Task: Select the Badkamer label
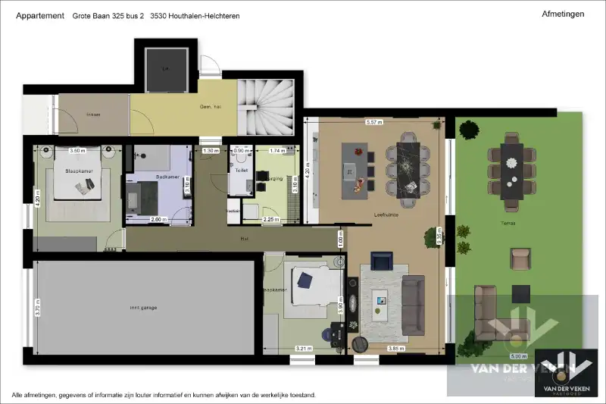(167, 177)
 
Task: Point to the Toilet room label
(242, 171)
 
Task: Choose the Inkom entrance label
(93, 114)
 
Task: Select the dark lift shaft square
(164, 68)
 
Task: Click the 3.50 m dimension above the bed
(68, 151)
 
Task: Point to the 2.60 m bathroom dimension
(159, 220)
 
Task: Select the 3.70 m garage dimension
(38, 307)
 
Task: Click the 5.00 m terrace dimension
(518, 356)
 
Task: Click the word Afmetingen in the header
(563, 14)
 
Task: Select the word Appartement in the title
(39, 15)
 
